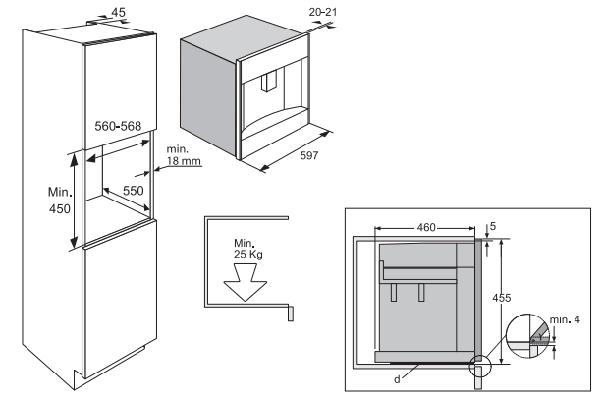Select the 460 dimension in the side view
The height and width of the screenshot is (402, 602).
click(424, 227)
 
